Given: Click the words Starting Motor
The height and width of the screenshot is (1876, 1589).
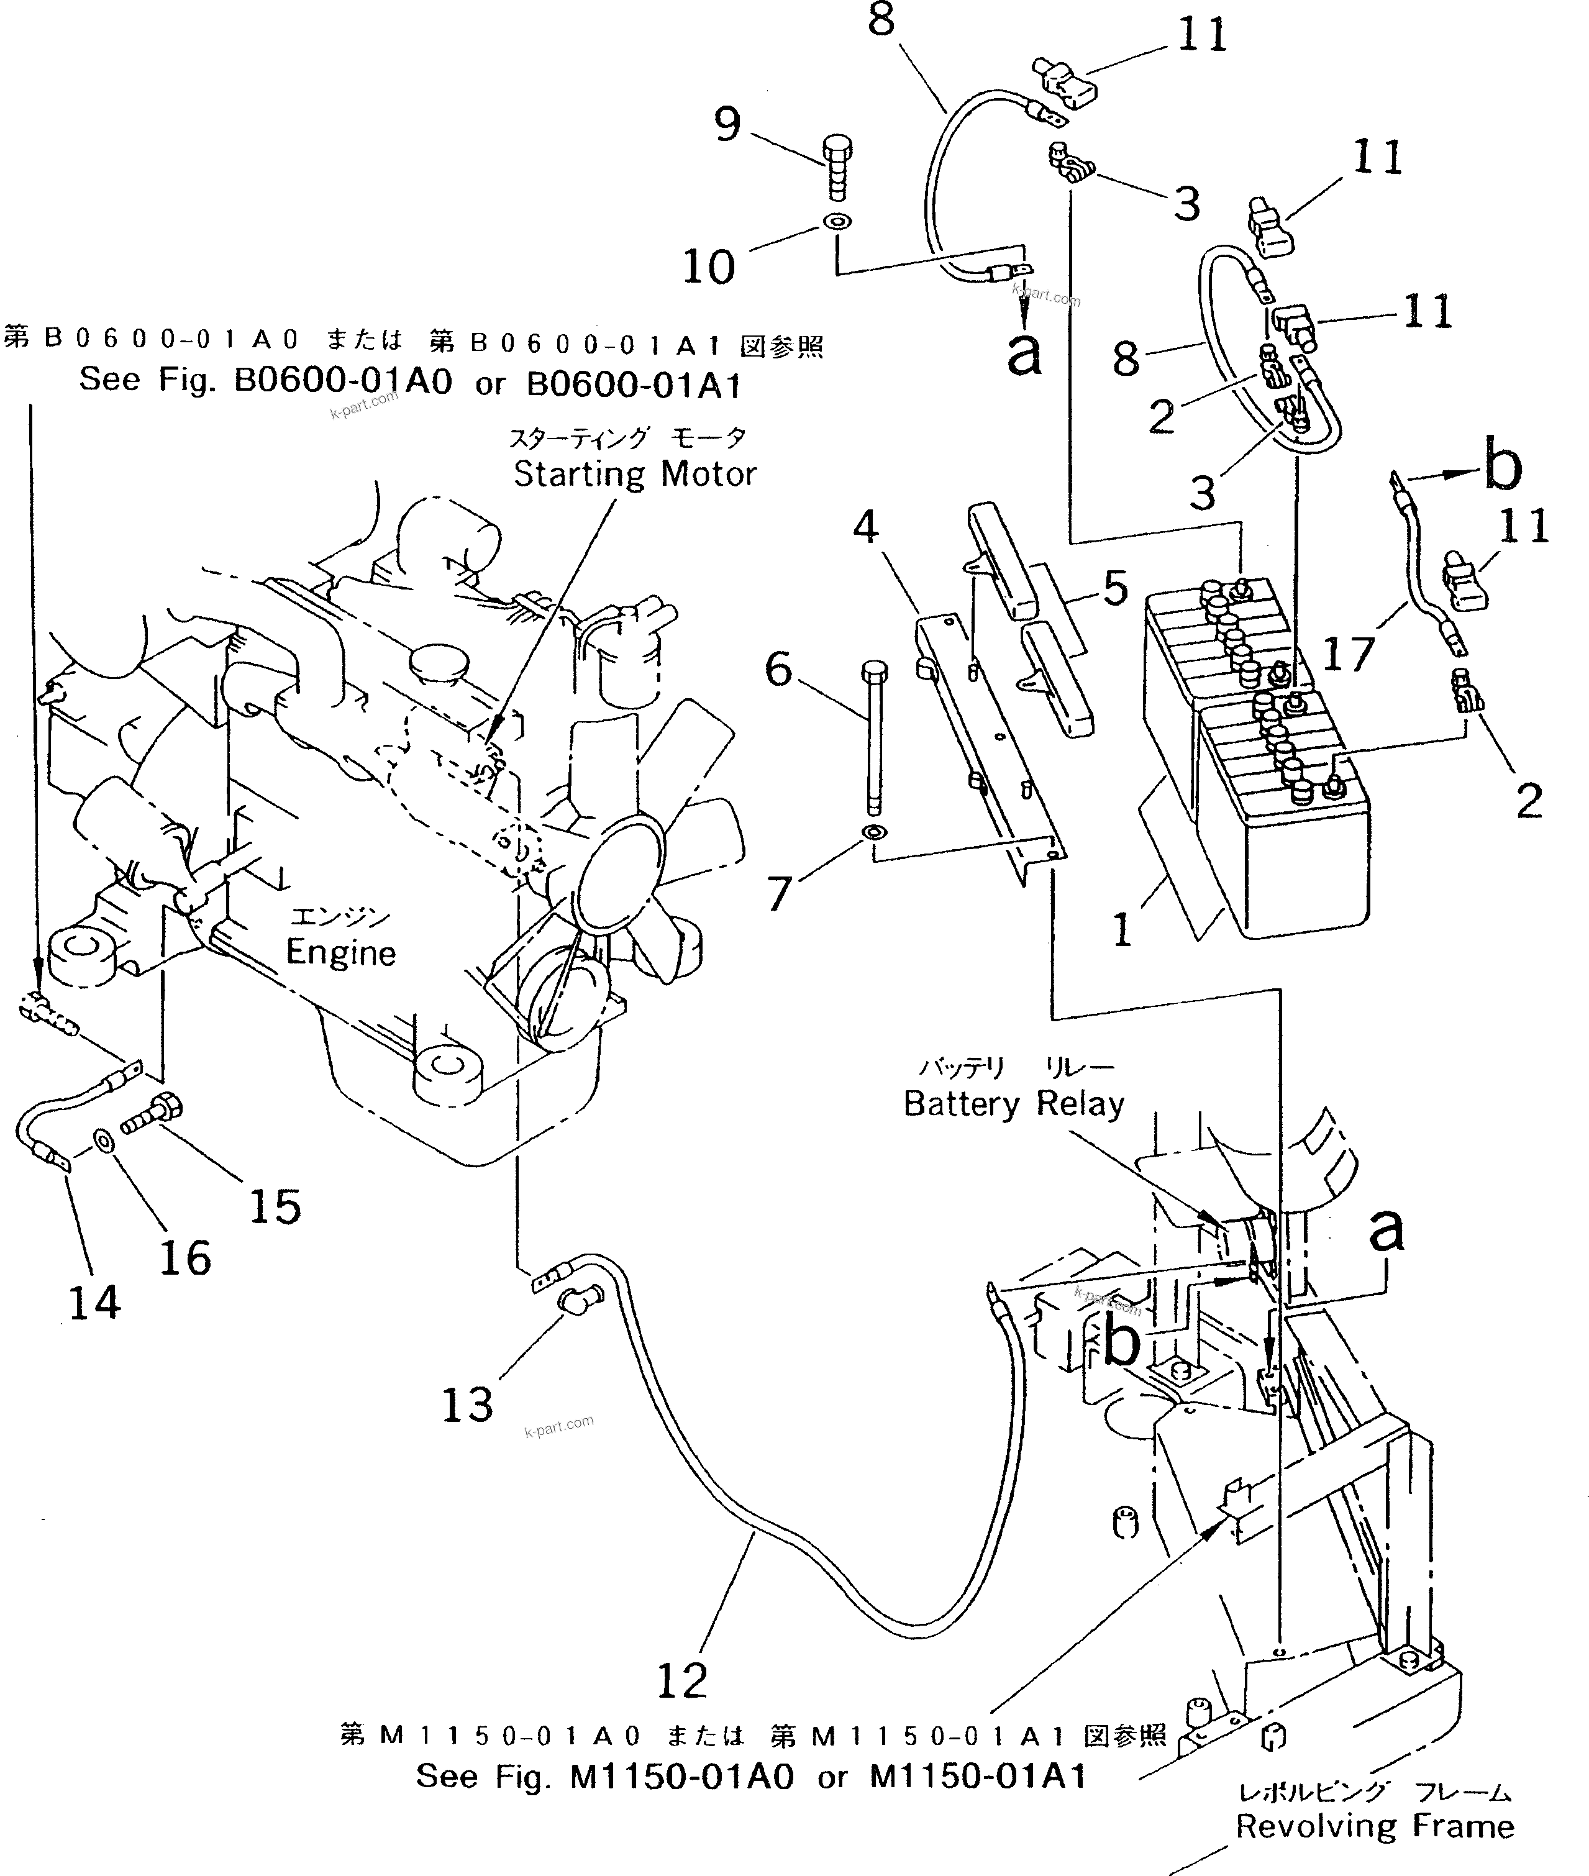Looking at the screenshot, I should point(634,474).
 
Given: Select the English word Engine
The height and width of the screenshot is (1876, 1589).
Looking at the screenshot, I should point(340,953).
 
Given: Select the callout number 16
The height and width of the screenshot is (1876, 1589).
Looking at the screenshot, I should point(184,1257).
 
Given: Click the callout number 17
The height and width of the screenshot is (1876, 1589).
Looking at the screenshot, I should point(1349,653).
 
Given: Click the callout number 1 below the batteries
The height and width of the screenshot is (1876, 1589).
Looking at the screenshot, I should point(1121,929).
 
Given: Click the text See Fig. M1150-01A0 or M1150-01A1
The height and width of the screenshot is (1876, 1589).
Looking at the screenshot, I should point(751,1776).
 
